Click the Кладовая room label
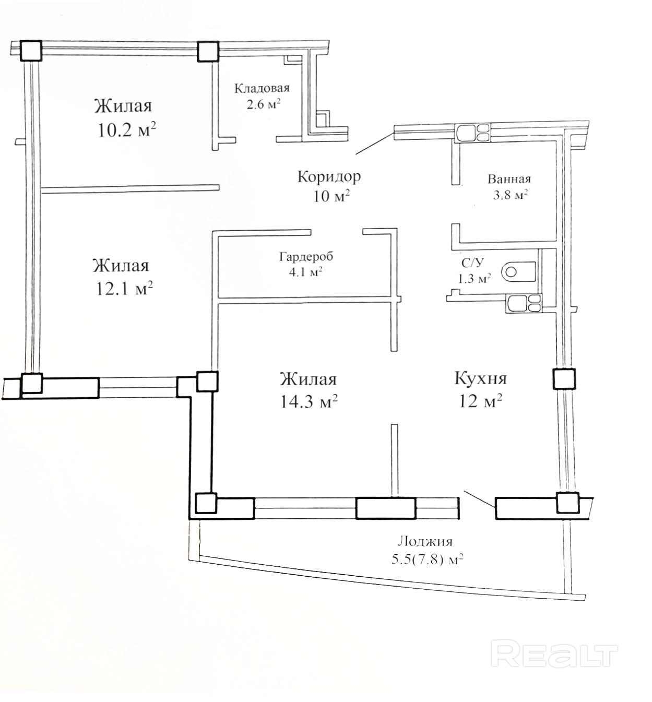(262, 88)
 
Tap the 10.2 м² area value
(126, 130)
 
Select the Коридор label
(329, 176)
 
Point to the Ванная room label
(509, 179)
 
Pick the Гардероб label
(306, 256)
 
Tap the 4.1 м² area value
(305, 272)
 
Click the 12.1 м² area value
(124, 289)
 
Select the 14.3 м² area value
(309, 401)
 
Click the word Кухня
(480, 378)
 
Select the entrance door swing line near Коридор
(375, 143)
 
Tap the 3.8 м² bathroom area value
(511, 194)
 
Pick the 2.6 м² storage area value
(264, 104)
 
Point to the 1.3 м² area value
(474, 279)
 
